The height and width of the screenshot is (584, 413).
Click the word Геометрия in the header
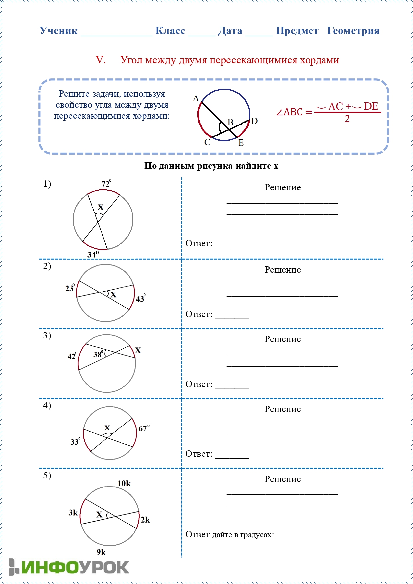coord(353,31)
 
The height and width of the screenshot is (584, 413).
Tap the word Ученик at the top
coord(59,31)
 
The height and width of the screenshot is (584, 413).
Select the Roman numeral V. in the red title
coord(101,60)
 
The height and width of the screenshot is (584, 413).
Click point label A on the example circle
coord(196,98)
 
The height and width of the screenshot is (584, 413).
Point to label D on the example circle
coord(254,121)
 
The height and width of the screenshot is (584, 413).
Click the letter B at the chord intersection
coord(230,122)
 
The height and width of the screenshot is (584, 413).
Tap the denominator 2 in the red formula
coord(347,119)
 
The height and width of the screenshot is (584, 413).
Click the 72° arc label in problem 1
coord(106,183)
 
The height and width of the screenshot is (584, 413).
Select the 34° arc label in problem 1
coord(93,255)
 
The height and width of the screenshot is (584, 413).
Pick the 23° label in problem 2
coord(70,288)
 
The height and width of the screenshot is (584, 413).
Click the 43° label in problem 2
coord(140,298)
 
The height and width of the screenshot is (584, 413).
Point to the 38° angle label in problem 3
coord(98,354)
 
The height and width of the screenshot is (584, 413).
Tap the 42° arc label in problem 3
coord(72,356)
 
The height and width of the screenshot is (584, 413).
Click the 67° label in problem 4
coord(144,428)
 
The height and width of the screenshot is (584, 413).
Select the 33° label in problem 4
coord(75,442)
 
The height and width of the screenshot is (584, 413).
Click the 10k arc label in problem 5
coord(124,483)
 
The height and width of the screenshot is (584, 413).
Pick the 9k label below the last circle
coord(101,552)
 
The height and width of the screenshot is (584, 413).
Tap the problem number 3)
coord(47,335)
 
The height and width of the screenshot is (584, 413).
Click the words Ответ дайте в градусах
coord(230,535)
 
